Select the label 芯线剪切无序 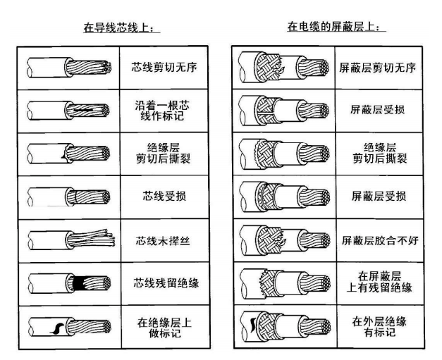[164, 68]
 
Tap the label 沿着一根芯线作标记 [162, 111]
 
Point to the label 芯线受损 [164, 196]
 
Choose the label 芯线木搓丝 [164, 241]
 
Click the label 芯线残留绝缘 [166, 283]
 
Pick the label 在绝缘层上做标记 [165, 328]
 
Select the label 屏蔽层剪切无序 [377, 68]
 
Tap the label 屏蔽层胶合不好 [380, 240]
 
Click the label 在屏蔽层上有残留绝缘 [379, 282]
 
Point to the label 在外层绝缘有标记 [379, 327]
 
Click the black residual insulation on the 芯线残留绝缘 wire [79, 283]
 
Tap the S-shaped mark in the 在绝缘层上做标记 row [57, 328]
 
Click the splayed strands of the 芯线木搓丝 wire [93, 238]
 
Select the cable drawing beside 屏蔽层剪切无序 [283, 68]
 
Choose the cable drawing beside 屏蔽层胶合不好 [285, 240]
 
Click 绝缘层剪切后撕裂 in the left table [164, 154]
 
